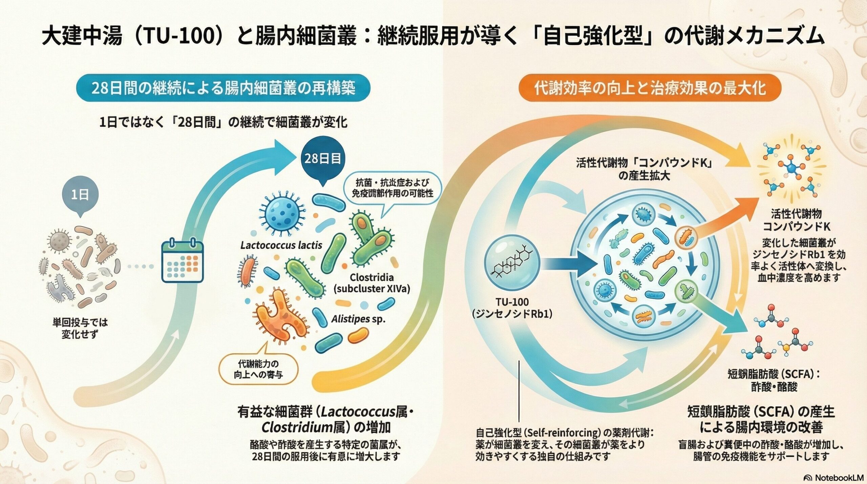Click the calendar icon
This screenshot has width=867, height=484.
pyautogui.click(x=183, y=261)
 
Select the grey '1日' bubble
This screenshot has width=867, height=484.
pyautogui.click(x=80, y=195)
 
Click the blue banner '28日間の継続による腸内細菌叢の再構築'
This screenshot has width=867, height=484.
pyautogui.click(x=223, y=88)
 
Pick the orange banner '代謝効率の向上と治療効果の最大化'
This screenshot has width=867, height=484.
pyautogui.click(x=650, y=88)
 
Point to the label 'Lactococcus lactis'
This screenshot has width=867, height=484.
pyautogui.click(x=281, y=245)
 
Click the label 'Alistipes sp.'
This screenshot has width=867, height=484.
pyautogui.click(x=358, y=319)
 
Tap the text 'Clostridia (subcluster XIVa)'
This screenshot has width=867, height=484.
pyautogui.click(x=372, y=283)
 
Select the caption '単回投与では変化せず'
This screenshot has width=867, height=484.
pyautogui.click(x=80, y=328)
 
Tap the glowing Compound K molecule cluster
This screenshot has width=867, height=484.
pyautogui.click(x=791, y=168)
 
